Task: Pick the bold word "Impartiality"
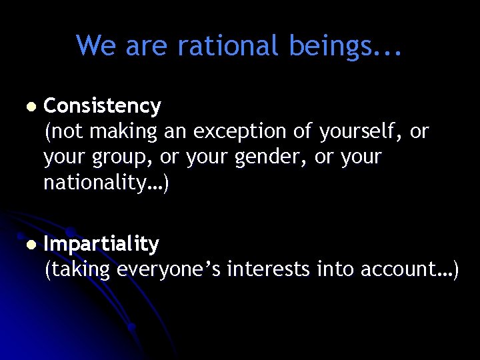pyautogui.click(x=101, y=245)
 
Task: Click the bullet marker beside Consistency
pyautogui.click(x=27, y=107)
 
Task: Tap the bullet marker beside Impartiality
pyautogui.click(x=27, y=245)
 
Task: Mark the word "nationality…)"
pyautogui.click(x=107, y=183)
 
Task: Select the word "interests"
pyautogui.click(x=268, y=269)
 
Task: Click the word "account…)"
pyautogui.click(x=409, y=269)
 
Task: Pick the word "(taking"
pyautogui.click(x=77, y=270)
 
